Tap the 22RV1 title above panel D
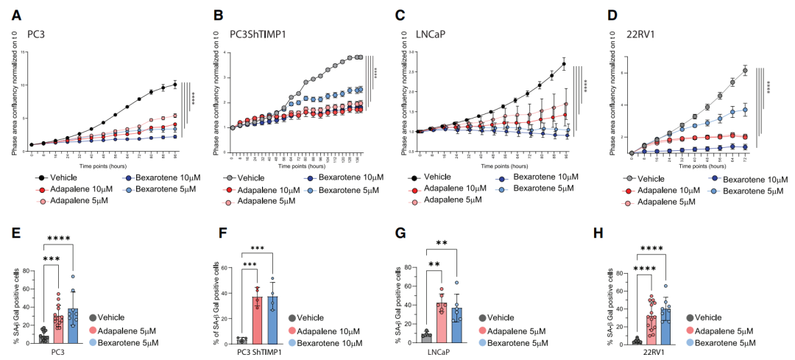[636, 35]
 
